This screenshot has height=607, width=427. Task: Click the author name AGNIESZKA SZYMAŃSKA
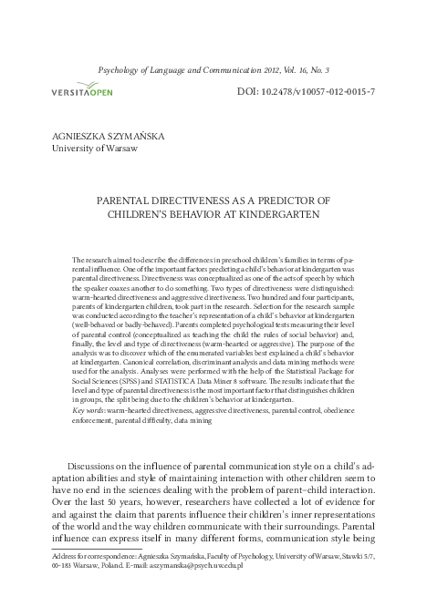pos(109,135)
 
